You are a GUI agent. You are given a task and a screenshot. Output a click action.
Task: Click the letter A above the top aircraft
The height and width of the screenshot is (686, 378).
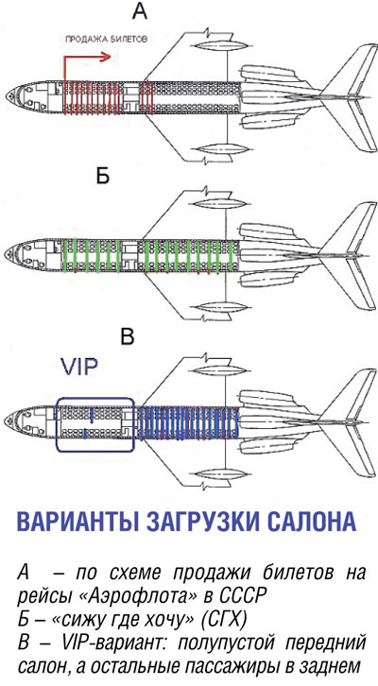coord(140,12)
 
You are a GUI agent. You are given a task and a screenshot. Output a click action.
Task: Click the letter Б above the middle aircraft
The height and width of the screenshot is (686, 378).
coord(101,177)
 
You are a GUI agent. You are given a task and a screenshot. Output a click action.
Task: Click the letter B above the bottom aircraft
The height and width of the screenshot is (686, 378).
coord(127,337)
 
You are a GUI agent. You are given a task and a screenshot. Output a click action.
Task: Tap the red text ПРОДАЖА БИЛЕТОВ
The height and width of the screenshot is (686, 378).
coord(106,39)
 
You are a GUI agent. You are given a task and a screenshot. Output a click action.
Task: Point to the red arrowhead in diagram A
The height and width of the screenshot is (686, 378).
coord(106,57)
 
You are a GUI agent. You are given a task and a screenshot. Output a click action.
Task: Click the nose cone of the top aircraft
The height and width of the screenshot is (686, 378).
coord(12,95)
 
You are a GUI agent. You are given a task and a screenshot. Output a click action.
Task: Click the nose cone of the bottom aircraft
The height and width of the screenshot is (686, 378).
coord(11,422)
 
